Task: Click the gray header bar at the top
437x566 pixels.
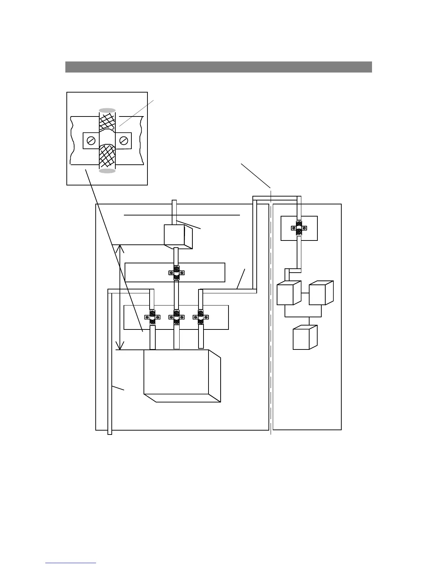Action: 218,67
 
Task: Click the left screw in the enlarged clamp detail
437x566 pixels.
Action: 91,141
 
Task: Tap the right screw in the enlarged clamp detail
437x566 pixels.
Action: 124,141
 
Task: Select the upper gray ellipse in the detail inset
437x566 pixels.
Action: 107,110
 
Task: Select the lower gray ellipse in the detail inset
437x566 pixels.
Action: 107,171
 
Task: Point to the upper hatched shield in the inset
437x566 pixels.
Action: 107,122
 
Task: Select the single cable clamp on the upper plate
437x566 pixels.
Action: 176,273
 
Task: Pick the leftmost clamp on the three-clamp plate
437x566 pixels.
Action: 152,317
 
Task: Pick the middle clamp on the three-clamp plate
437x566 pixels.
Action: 176,317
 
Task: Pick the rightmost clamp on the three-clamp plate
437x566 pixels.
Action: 201,317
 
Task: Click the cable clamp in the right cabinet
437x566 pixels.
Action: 299,228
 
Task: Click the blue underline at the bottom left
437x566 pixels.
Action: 71,563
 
